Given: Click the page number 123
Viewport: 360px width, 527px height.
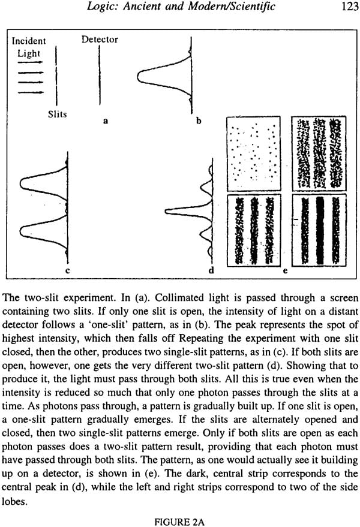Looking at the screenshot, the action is coord(350,7).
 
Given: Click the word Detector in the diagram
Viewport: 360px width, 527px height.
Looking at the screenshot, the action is coord(100,40).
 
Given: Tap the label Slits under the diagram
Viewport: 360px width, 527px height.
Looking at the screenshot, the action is coord(57,115).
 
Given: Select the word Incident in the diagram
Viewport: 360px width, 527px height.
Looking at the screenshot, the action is coord(29,41).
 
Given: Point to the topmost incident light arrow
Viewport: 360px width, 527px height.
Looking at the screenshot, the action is coord(31,62).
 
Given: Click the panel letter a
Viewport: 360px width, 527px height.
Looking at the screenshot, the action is coord(106,121).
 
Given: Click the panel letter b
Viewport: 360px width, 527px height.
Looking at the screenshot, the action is coord(199,121).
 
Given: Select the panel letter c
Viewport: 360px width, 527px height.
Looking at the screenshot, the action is coord(68,270).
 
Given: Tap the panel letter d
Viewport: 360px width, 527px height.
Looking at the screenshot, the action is coord(211,270).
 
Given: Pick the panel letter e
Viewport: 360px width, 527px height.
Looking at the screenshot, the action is coord(286,270).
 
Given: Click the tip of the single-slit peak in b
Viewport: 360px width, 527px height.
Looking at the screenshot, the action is coord(137,76).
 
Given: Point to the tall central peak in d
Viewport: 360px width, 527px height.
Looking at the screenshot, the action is coord(166,212).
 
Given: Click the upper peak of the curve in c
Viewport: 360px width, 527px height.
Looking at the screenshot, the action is coord(20,184).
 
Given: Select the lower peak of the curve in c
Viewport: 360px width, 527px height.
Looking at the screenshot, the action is coord(20,231).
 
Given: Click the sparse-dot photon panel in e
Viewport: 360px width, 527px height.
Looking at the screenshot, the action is coord(254,154).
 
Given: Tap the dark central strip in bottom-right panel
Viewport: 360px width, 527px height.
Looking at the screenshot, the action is coord(320,231).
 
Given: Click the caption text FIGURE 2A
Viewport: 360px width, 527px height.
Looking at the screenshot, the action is coord(179,522).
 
